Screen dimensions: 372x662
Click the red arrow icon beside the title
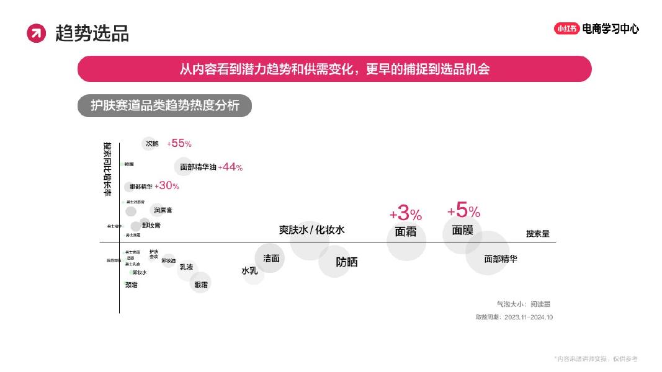pos(37,33)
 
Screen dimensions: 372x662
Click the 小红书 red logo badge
pos(566,29)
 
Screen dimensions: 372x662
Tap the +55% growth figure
pos(179,143)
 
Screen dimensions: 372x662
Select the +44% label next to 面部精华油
pos(230,167)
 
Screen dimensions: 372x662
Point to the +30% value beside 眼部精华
pos(167,185)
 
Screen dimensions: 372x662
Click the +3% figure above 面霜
pos(406,215)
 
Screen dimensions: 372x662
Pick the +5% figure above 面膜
pos(463,211)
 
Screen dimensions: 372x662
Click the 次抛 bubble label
pos(152,144)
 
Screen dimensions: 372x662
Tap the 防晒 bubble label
pos(347,262)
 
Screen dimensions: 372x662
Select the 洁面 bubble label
pos(271,258)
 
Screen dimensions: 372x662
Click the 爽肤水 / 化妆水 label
pos(311,229)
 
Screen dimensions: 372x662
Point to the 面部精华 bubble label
pos(500,259)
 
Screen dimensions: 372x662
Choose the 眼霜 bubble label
pos(201,285)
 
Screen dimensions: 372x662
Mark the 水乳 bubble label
pos(249,271)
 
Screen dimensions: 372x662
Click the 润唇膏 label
pos(163,210)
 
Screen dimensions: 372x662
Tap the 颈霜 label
pos(131,285)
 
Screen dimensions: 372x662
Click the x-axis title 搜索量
pos(537,234)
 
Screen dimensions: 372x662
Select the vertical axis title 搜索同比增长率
pos(107,169)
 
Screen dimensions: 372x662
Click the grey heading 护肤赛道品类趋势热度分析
pos(165,105)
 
